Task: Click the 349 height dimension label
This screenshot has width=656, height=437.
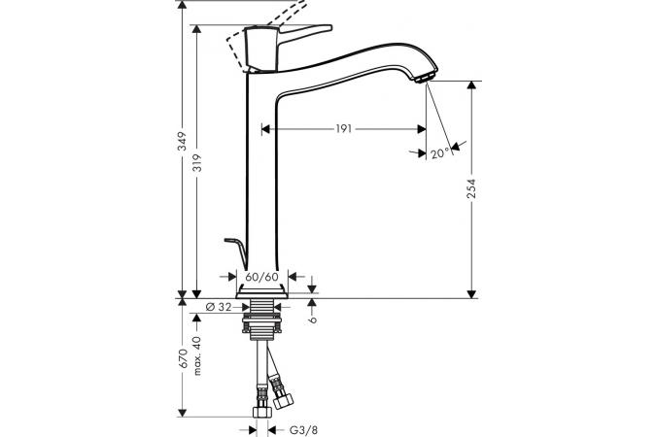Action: pyautogui.click(x=182, y=141)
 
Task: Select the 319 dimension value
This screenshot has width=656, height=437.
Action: pyautogui.click(x=196, y=163)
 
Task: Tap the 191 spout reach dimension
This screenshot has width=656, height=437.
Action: pyautogui.click(x=343, y=129)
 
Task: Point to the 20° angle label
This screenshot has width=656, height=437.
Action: pyautogui.click(x=439, y=153)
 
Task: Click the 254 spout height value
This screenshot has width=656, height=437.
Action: pyautogui.click(x=471, y=188)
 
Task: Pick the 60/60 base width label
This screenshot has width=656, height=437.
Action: pyautogui.click(x=261, y=277)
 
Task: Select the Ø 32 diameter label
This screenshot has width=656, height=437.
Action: pyautogui.click(x=219, y=307)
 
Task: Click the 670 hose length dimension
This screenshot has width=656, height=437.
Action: pyautogui.click(x=182, y=358)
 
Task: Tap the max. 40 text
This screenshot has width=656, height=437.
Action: pyautogui.click(x=196, y=355)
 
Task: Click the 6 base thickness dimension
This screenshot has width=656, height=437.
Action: pyautogui.click(x=313, y=319)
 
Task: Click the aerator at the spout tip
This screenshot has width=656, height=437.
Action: pyautogui.click(x=426, y=79)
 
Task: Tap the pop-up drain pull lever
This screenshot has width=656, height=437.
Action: pyautogui.click(x=235, y=252)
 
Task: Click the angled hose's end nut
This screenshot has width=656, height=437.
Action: pyautogui.click(x=283, y=400)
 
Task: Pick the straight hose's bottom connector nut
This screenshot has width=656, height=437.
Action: pyautogui.click(x=262, y=412)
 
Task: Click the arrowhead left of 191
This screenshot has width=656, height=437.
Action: pyautogui.click(x=265, y=129)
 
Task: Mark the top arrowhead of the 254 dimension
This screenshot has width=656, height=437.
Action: pyautogui.click(x=471, y=84)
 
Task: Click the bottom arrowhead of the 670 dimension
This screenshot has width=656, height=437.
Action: pyautogui.click(x=182, y=413)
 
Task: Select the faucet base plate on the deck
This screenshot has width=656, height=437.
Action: pyautogui.click(x=261, y=292)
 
